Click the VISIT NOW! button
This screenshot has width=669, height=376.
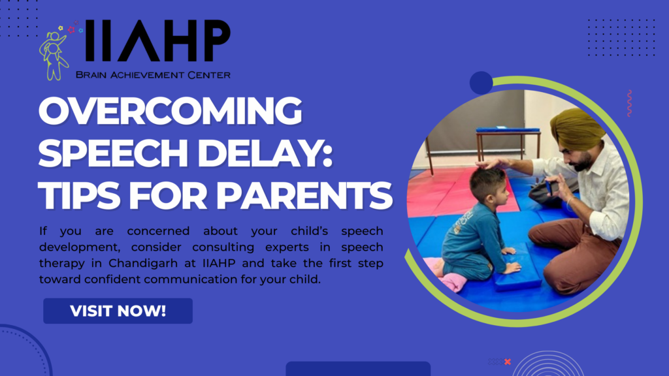coord(118,311)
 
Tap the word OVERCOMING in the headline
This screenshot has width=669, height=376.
coord(171,110)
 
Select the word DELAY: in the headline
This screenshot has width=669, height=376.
coord(265,153)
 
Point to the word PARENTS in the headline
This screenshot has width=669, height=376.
coord(304,196)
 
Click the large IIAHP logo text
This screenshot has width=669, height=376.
coord(157,41)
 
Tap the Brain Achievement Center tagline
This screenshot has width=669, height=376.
coord(153,75)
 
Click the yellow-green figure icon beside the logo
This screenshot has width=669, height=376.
coord(54,55)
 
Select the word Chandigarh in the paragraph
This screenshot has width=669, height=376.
coord(143,263)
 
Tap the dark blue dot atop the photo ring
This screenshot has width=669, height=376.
coord(481,83)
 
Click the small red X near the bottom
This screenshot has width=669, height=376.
coord(507,362)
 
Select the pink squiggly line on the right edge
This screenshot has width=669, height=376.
coord(629,103)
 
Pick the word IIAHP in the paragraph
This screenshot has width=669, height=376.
coord(219,263)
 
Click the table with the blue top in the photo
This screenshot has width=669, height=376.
coord(508,143)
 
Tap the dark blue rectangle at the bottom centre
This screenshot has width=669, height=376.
coord(358,369)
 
